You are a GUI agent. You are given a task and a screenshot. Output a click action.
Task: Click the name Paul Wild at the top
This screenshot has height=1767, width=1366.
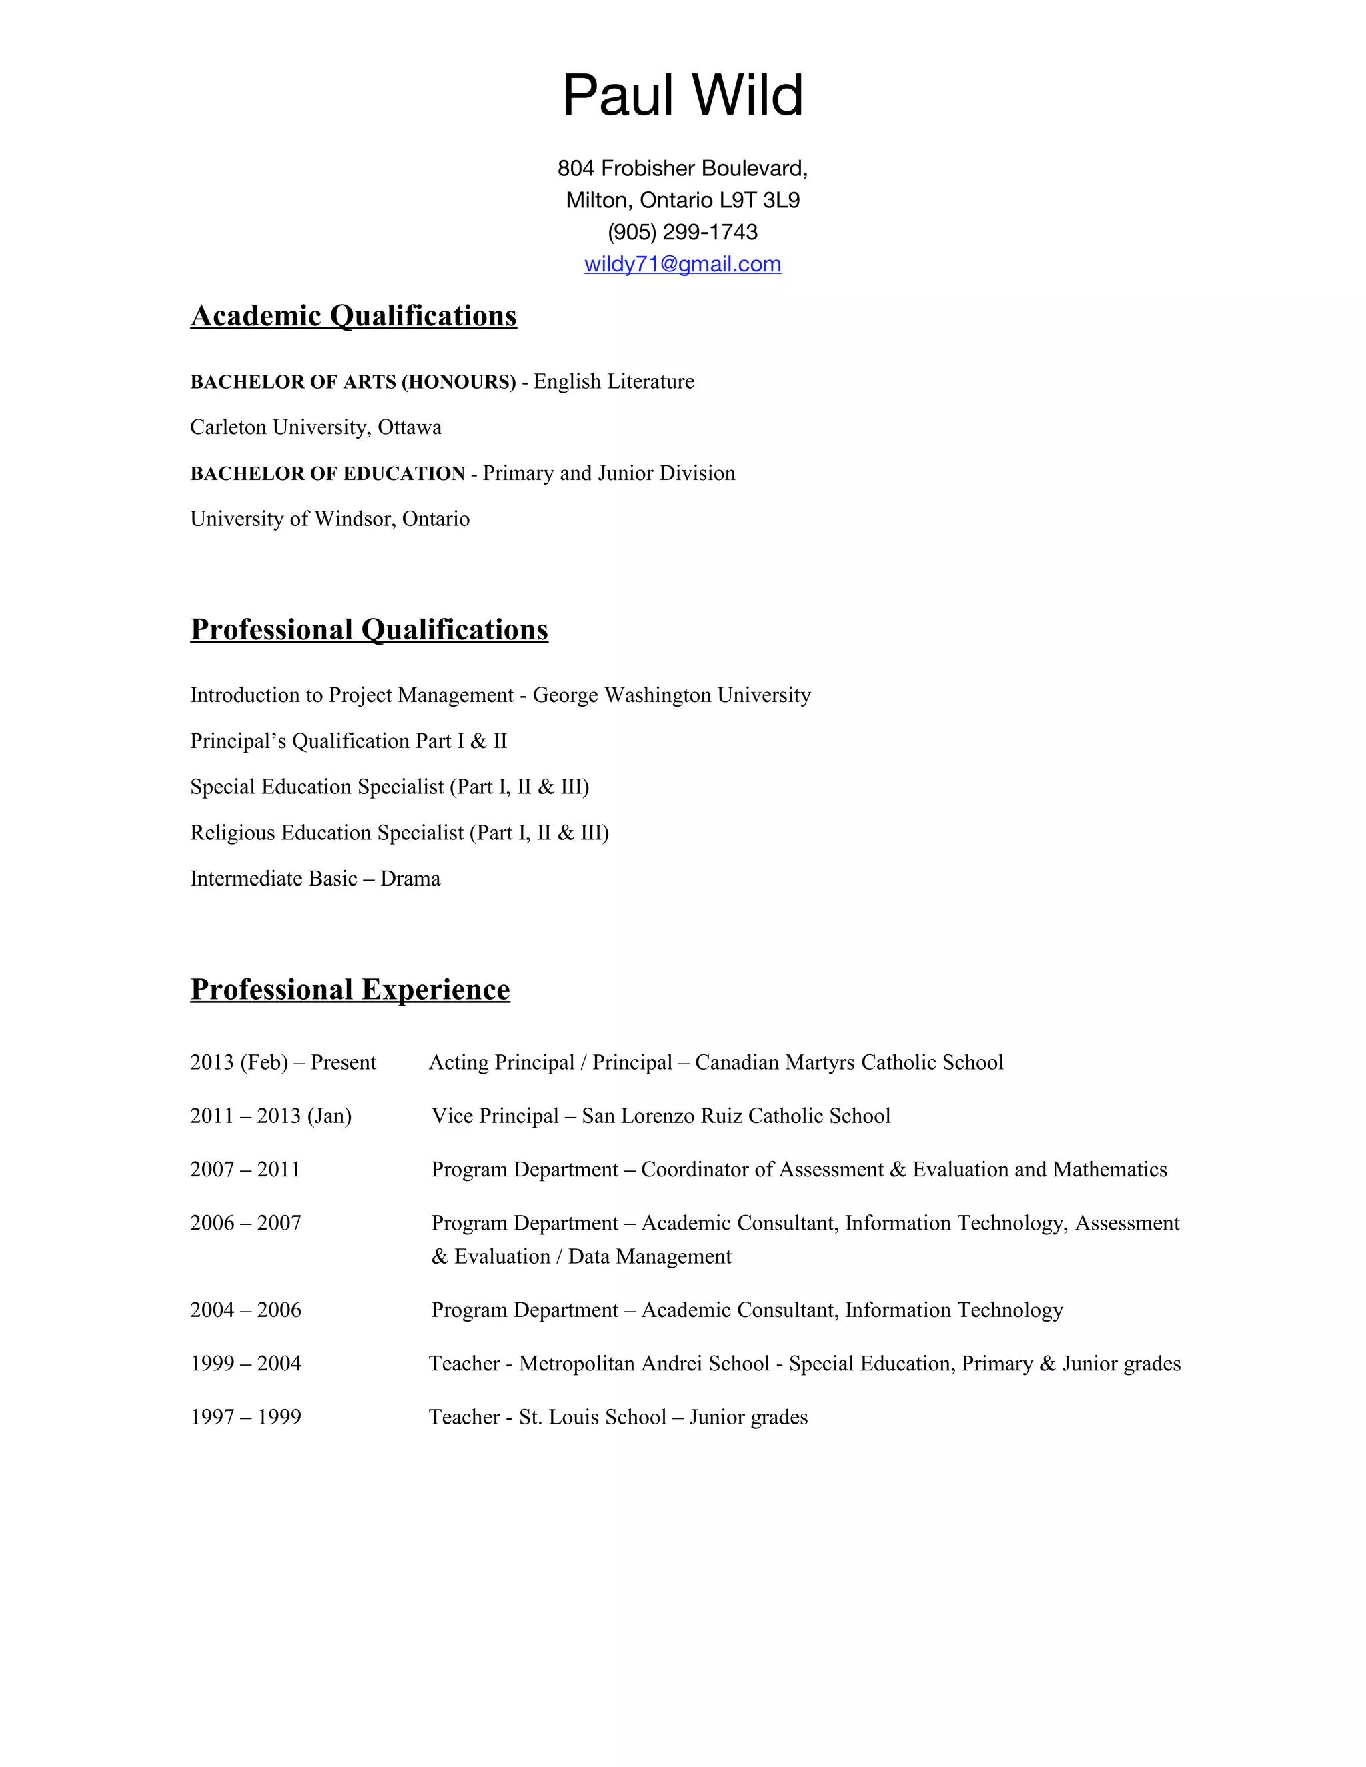pos(682,95)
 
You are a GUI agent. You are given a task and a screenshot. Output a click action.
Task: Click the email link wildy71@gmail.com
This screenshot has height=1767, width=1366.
pos(682,265)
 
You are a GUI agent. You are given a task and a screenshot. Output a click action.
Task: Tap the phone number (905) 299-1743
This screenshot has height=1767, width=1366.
pos(682,232)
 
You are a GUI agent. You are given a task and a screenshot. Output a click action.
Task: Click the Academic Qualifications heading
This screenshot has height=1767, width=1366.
pos(353,315)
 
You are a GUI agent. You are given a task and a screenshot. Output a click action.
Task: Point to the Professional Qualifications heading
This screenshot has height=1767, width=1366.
pos(369,629)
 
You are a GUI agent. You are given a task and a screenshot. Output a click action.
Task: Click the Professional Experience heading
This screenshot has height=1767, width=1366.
pos(350,989)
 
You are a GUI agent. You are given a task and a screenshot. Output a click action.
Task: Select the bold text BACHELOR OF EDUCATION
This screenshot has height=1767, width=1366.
pos(327,473)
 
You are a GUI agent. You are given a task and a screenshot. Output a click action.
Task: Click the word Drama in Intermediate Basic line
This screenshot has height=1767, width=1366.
pos(410,879)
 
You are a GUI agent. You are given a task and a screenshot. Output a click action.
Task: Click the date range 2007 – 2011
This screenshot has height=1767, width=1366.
pos(245,1169)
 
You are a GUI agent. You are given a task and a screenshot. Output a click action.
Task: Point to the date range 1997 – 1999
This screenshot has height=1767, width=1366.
pos(245,1417)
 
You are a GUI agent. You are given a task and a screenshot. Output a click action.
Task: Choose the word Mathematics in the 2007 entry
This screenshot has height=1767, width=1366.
pos(1109,1169)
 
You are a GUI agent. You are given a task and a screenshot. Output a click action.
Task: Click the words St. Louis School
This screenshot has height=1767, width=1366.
pos(592,1417)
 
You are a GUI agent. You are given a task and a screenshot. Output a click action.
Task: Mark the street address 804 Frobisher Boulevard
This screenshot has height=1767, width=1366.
pos(682,168)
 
